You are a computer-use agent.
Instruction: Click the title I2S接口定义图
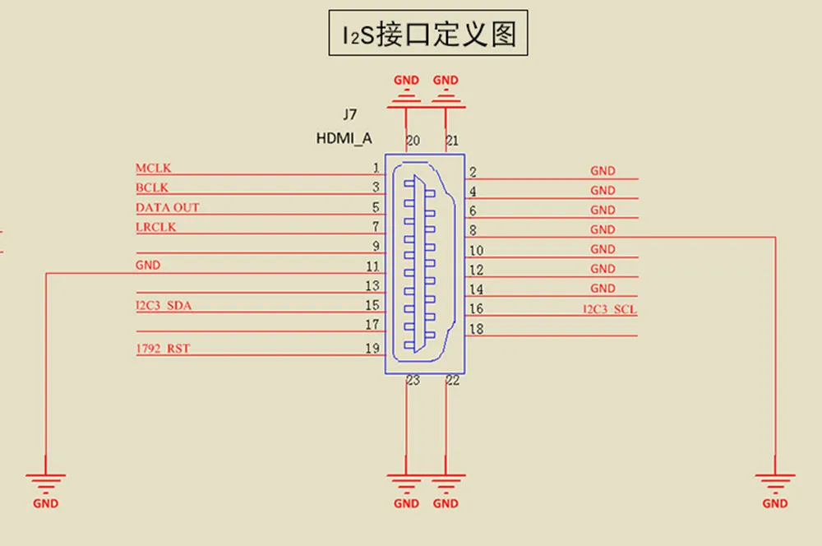click(428, 34)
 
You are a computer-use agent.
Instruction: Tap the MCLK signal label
click(154, 169)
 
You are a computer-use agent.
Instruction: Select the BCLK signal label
click(152, 188)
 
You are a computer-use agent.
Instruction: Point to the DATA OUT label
click(168, 207)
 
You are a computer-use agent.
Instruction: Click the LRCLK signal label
click(156, 227)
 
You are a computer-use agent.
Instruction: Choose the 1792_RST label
click(163, 349)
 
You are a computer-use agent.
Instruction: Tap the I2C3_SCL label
click(610, 310)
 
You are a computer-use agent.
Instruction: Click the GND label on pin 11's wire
click(148, 266)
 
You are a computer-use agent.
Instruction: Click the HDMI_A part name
click(344, 139)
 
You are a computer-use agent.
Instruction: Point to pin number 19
click(372, 349)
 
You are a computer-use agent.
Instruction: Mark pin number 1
click(375, 168)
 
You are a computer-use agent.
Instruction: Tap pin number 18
click(475, 330)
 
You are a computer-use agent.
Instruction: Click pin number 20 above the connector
click(413, 141)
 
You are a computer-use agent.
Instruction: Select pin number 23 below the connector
click(413, 381)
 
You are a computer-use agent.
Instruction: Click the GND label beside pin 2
click(603, 171)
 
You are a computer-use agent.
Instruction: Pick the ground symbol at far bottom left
click(46, 480)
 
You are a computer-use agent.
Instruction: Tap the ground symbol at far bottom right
click(775, 480)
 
